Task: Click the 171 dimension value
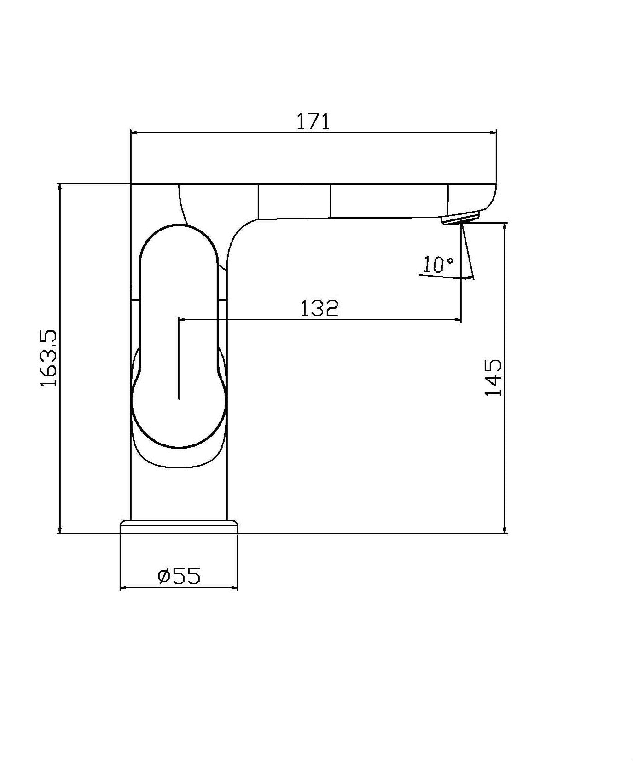(x=313, y=121)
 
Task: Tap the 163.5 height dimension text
(x=48, y=358)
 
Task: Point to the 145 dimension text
(x=493, y=378)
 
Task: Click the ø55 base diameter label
(x=179, y=576)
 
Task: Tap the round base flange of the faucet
(x=179, y=527)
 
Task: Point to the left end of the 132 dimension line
(x=180, y=319)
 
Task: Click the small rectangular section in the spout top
(x=295, y=201)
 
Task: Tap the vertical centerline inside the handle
(x=179, y=359)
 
